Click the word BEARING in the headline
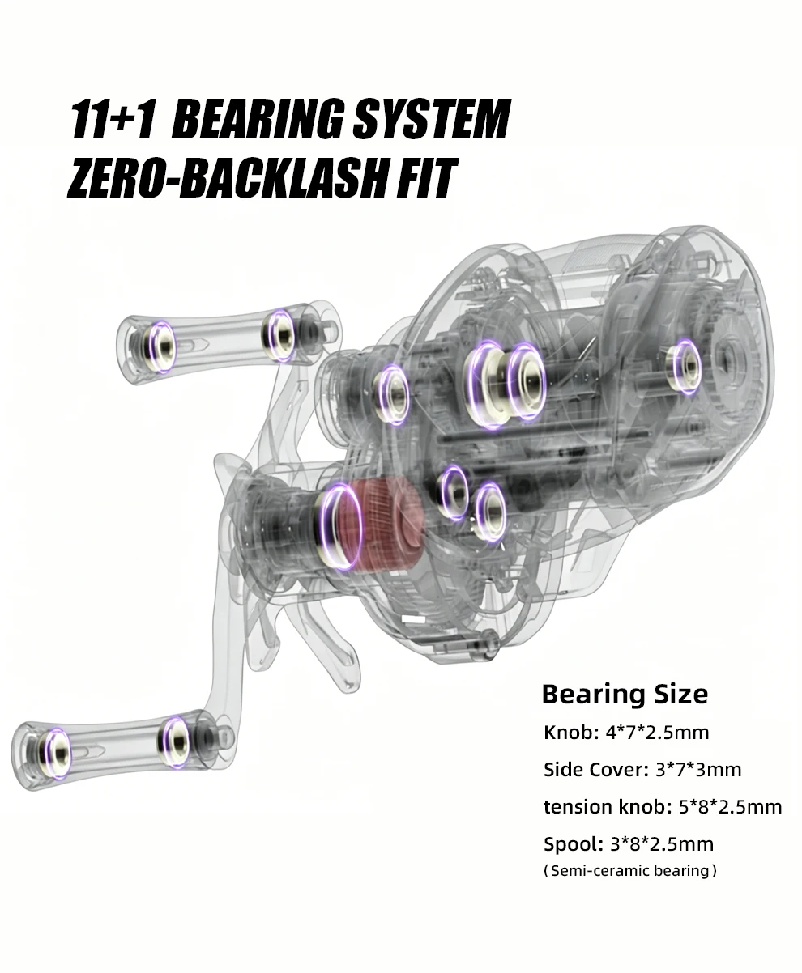tap(259, 119)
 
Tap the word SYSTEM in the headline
tap(431, 119)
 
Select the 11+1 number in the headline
tap(113, 119)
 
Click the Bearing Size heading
tap(625, 695)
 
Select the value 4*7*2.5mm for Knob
tap(657, 733)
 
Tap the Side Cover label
tap(596, 770)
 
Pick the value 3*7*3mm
tap(698, 770)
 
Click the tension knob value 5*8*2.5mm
tap(730, 807)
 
